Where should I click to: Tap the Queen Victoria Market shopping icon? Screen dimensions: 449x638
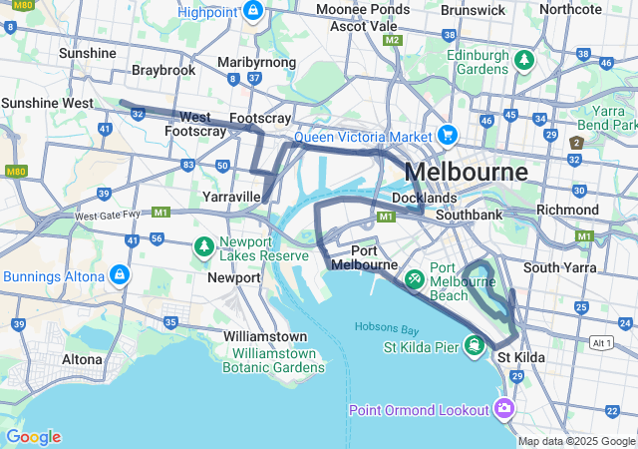447,135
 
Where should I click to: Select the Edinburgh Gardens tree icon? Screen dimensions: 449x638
523,62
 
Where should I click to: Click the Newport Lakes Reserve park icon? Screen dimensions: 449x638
203,245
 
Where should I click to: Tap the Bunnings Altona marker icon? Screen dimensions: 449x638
119,274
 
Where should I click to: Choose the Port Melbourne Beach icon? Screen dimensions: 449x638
415,276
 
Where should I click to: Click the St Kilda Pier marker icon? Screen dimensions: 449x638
475,346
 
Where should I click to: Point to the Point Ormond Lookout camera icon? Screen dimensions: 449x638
504,409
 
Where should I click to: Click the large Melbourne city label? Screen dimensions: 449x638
467,172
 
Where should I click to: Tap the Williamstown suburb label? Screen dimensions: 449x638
265,336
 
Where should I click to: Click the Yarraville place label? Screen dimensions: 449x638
231,197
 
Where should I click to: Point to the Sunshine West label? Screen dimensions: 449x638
46,103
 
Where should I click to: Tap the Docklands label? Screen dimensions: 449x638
425,198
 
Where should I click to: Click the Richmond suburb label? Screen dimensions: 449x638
567,210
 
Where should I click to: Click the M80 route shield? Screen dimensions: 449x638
14,171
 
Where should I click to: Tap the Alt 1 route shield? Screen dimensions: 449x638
601,342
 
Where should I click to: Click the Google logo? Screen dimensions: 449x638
33,437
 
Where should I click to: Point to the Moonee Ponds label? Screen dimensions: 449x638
357,9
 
